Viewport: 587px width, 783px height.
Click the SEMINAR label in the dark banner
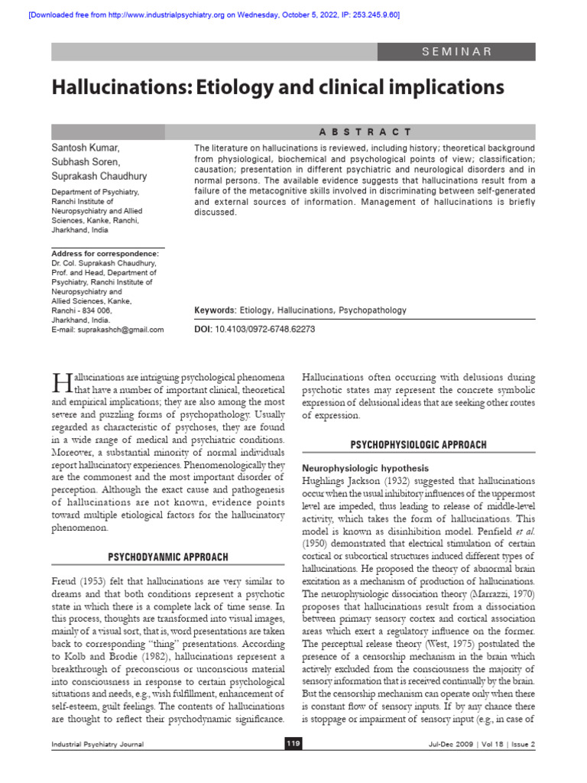click(x=457, y=51)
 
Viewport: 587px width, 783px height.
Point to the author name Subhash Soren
click(x=86, y=162)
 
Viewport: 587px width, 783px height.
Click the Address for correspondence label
click(x=105, y=254)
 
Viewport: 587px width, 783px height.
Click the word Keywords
click(x=215, y=310)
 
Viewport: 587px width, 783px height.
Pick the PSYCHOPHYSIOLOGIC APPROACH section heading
click(x=418, y=444)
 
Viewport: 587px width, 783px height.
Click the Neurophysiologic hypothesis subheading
click(x=365, y=467)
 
